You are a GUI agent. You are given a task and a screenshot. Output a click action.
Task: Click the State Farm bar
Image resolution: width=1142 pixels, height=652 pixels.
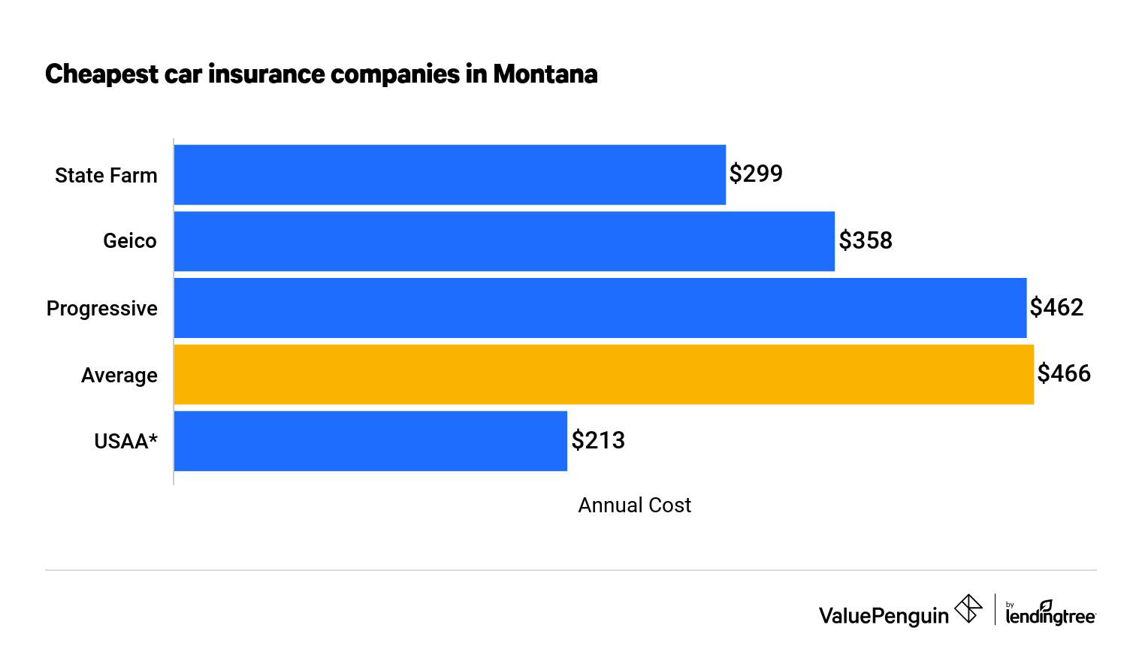pyautogui.click(x=449, y=174)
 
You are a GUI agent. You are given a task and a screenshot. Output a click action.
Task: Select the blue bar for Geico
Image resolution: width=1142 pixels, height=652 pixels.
pyautogui.click(x=503, y=241)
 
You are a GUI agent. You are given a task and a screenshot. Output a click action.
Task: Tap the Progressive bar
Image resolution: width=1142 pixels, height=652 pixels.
pyautogui.click(x=600, y=308)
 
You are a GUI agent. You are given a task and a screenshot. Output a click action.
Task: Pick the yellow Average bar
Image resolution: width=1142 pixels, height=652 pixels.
pyautogui.click(x=603, y=374)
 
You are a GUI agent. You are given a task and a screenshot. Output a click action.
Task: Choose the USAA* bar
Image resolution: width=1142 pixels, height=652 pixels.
pyautogui.click(x=370, y=441)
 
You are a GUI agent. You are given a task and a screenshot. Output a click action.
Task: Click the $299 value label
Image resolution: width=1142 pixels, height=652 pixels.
pyautogui.click(x=756, y=174)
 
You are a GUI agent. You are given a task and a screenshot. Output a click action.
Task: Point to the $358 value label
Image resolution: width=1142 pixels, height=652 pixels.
pyautogui.click(x=866, y=240)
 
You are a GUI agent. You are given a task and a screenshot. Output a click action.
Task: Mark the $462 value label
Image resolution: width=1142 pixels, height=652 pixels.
pyautogui.click(x=1056, y=307)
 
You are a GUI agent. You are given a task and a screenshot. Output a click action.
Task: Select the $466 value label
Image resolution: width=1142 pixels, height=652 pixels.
pyautogui.click(x=1064, y=373)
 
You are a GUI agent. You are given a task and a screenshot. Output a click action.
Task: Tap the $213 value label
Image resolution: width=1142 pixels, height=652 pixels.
pyautogui.click(x=598, y=440)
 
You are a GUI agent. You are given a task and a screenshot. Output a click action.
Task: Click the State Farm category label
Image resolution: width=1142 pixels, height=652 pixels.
pyautogui.click(x=106, y=176)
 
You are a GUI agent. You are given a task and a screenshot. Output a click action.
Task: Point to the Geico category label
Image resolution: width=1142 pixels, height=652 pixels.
pyautogui.click(x=130, y=241)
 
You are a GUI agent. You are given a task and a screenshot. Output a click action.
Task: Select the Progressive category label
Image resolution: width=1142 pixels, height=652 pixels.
pyautogui.click(x=102, y=309)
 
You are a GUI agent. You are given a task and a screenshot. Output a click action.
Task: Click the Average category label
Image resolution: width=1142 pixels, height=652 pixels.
pyautogui.click(x=119, y=375)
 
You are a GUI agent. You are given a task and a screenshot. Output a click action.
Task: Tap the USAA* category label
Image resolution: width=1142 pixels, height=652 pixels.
pyautogui.click(x=125, y=441)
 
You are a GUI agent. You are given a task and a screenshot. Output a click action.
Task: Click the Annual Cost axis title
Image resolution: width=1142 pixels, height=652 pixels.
pyautogui.click(x=634, y=506)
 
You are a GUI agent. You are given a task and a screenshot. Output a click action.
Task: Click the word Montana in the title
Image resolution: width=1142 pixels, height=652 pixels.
pyautogui.click(x=545, y=74)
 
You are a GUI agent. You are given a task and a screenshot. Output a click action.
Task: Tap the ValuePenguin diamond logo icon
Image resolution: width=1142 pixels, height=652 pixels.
pyautogui.click(x=968, y=609)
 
